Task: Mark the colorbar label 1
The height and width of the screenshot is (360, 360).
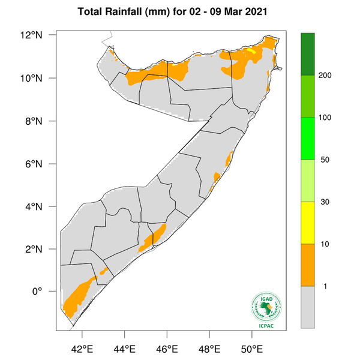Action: (x=325, y=286)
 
